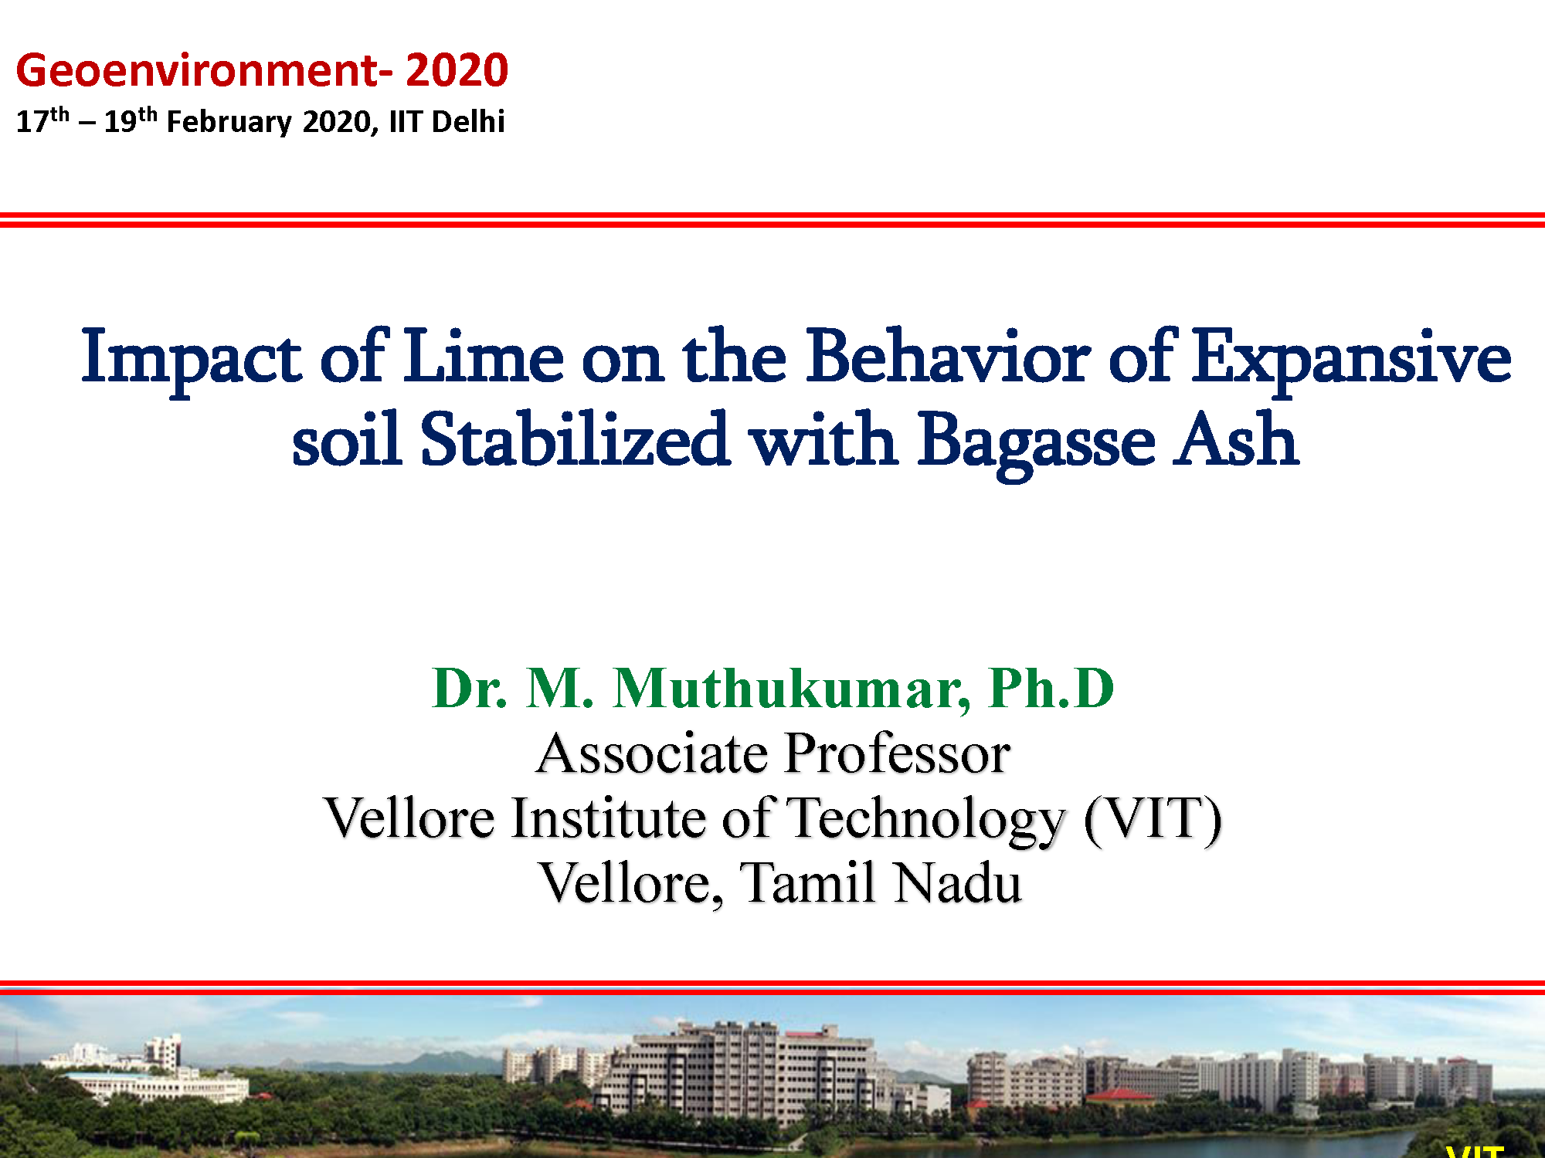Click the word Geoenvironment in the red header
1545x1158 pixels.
[196, 70]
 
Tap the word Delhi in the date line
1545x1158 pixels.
[468, 121]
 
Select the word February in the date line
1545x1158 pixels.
[229, 123]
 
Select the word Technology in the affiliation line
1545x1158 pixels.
[925, 820]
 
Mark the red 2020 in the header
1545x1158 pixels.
[457, 70]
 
